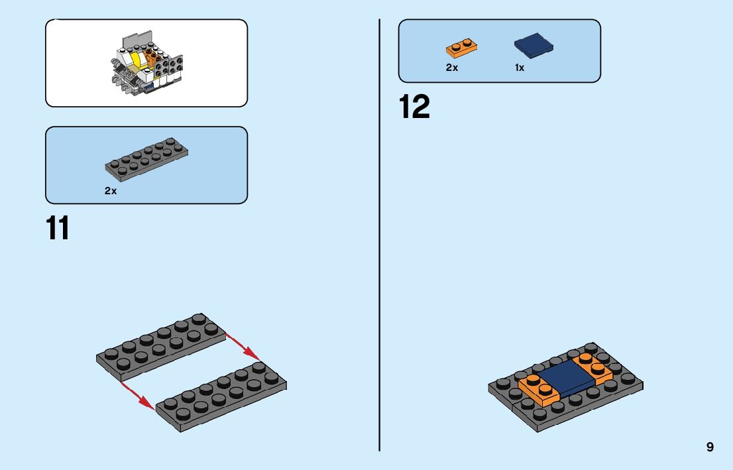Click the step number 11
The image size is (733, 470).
pos(58,227)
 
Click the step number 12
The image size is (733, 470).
pos(414,107)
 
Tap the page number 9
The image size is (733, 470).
pos(710,447)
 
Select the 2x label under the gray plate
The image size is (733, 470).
pos(110,191)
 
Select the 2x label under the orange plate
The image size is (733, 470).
pos(452,68)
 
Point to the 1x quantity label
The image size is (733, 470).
pos(520,68)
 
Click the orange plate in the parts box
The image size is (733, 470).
pos(462,48)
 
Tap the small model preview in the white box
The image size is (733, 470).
pos(146,65)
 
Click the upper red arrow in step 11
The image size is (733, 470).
pos(242,345)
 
